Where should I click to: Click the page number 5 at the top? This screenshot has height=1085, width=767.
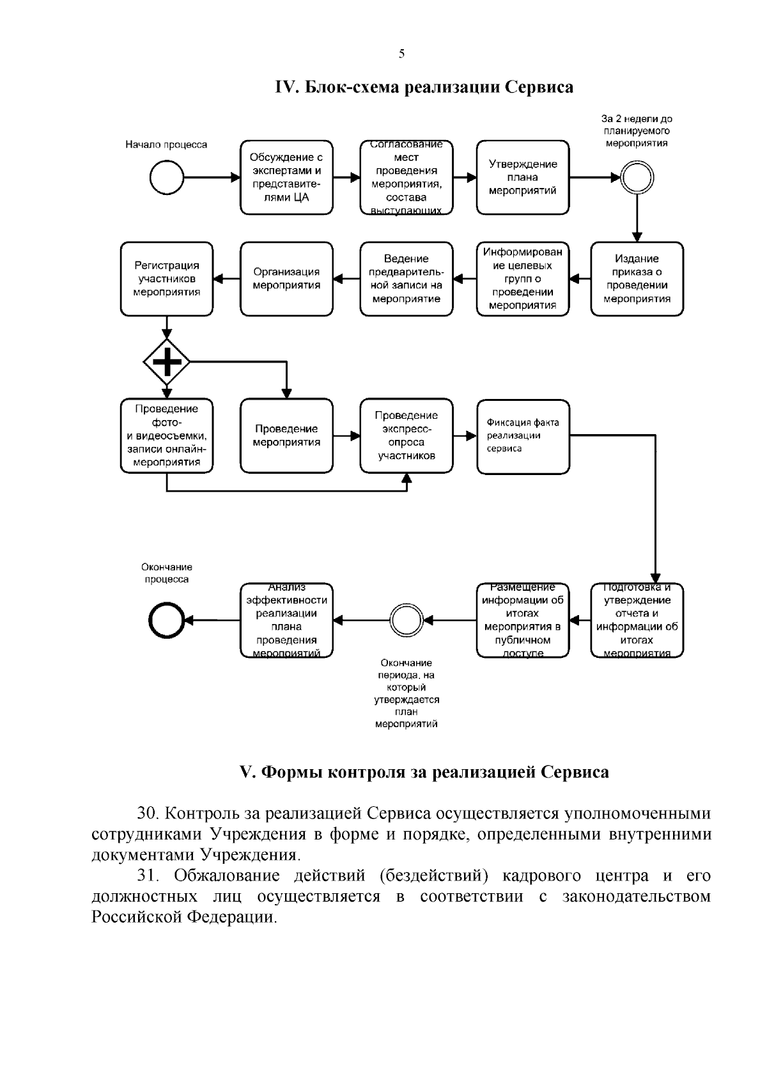pos(401,54)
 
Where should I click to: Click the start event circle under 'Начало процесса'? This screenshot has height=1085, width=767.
pos(167,177)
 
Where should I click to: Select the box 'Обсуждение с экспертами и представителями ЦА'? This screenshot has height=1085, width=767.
pos(286,177)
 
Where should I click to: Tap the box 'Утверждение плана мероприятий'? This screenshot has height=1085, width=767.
pos(522,177)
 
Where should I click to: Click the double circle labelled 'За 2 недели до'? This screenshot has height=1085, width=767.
pos(637,177)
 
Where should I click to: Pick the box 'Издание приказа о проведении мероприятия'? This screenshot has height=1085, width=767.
pos(637,279)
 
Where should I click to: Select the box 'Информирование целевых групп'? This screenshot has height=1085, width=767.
pos(522,279)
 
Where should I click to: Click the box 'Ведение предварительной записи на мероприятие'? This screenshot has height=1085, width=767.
pos(406,279)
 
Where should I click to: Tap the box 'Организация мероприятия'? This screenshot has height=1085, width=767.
pos(286,279)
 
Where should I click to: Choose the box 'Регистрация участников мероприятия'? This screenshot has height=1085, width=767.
pos(167,279)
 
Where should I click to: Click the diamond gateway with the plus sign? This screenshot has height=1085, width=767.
pos(167,362)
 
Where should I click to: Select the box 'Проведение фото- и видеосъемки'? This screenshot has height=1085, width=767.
pos(167,436)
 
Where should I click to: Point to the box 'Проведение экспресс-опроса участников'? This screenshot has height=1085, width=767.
pos(406,436)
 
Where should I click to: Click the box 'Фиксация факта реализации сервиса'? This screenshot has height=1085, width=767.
pos(522,436)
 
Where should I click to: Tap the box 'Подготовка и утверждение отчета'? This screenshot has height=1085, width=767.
pos(637,620)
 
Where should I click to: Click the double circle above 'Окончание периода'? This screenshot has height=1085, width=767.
pos(406,620)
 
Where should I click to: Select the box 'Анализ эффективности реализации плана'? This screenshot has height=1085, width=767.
pos(286,620)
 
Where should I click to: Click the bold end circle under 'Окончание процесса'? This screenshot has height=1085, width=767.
pos(167,620)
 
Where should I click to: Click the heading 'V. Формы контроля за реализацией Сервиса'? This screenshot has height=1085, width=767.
pos(424,772)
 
